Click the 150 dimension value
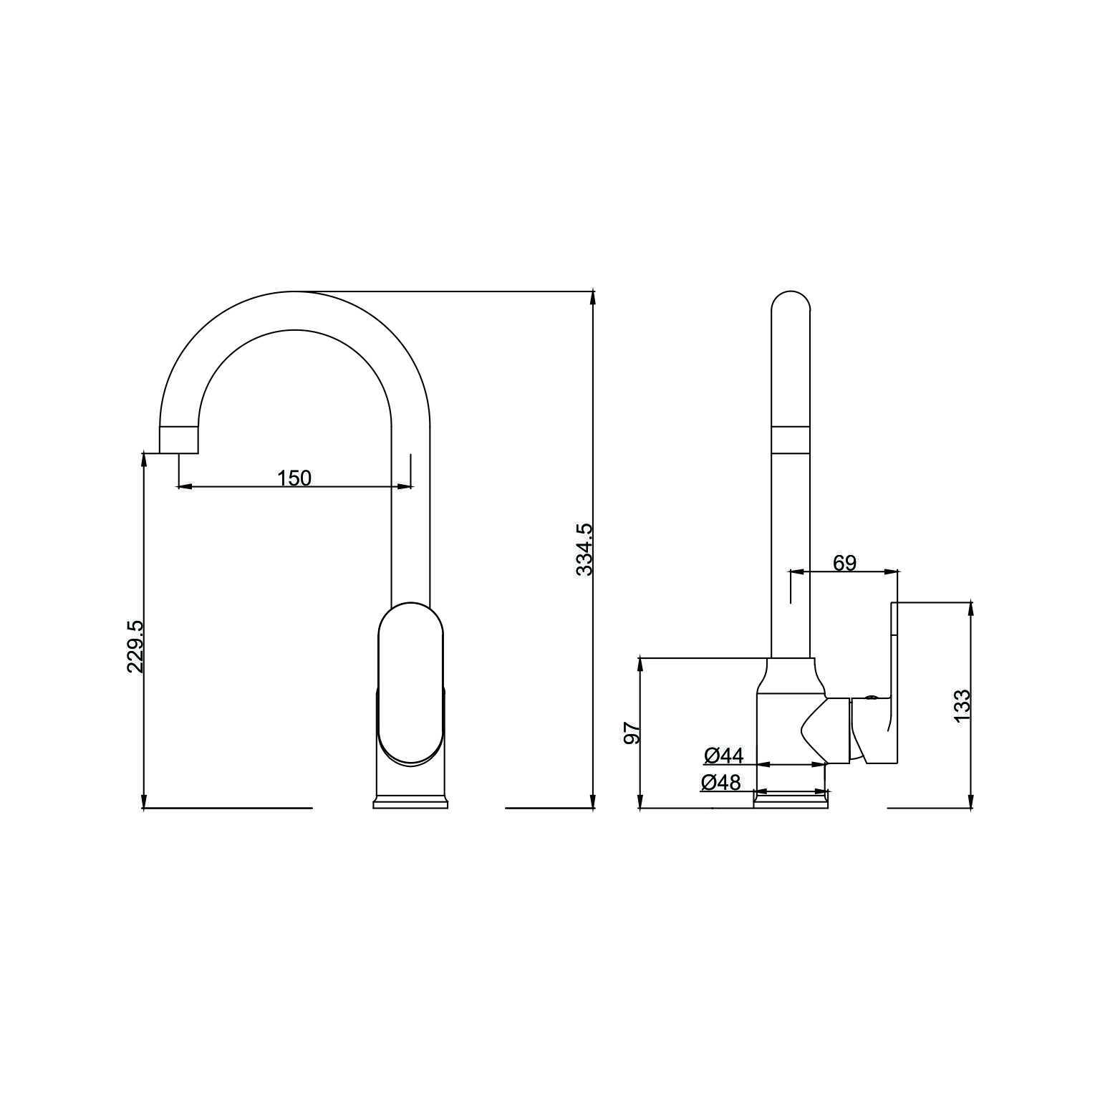[294, 478]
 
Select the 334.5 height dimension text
[585, 549]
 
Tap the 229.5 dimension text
[135, 647]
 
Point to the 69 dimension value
[844, 563]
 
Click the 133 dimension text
[962, 705]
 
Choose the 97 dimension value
[632, 733]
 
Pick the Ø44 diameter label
[724, 755]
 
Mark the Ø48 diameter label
[721, 782]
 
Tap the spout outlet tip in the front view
[178, 440]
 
